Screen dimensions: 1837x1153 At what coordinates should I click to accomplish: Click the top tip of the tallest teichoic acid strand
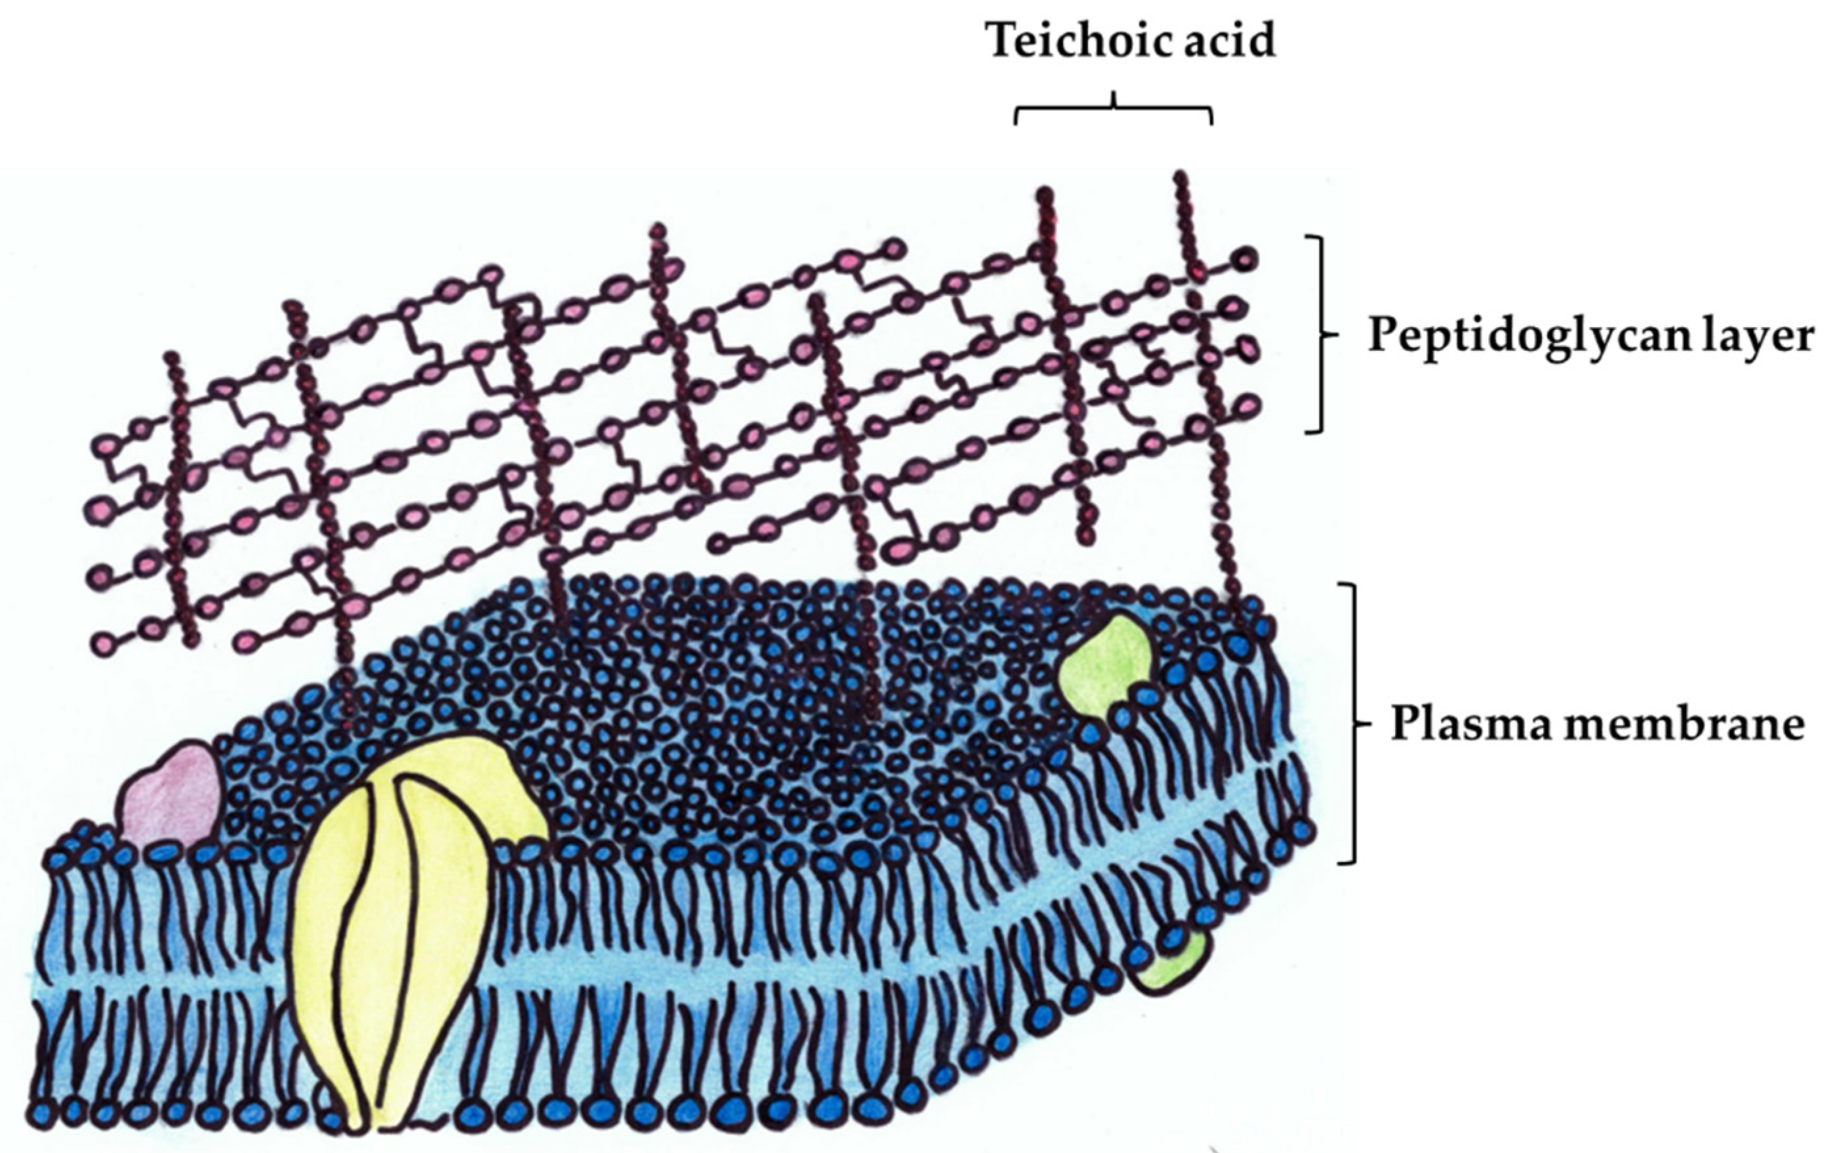coord(1181,177)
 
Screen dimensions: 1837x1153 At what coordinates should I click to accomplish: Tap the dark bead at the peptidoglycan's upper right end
coord(1245,260)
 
